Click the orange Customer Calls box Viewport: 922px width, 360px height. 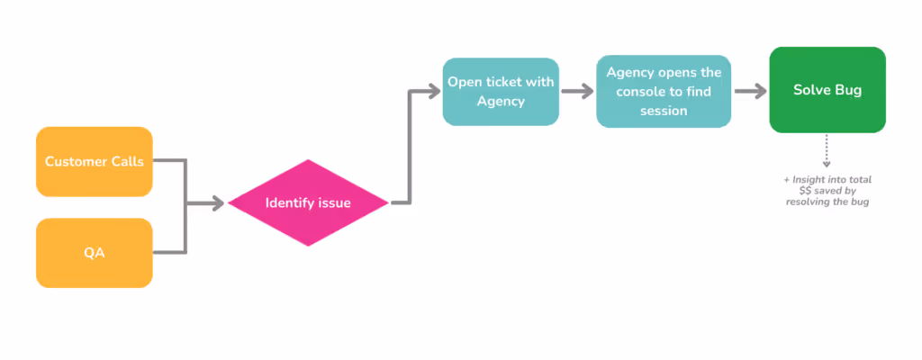(x=94, y=161)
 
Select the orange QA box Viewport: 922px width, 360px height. (x=94, y=253)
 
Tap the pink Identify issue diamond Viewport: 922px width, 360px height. (x=308, y=203)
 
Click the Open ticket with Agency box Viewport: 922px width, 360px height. (x=501, y=92)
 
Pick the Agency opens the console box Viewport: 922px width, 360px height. (x=663, y=92)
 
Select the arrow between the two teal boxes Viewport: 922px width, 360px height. (x=577, y=91)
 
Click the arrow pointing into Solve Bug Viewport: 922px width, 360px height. (x=750, y=91)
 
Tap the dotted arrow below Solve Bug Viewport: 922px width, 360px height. (x=827, y=151)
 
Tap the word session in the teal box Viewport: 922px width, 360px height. (x=663, y=111)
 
